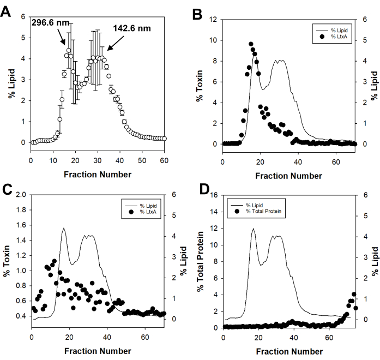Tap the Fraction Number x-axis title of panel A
coord(96,175)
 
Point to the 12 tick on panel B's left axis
coord(214,20)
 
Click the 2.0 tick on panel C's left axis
coord(20,195)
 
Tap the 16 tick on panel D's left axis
coord(214,195)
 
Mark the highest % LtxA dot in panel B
coord(251,44)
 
